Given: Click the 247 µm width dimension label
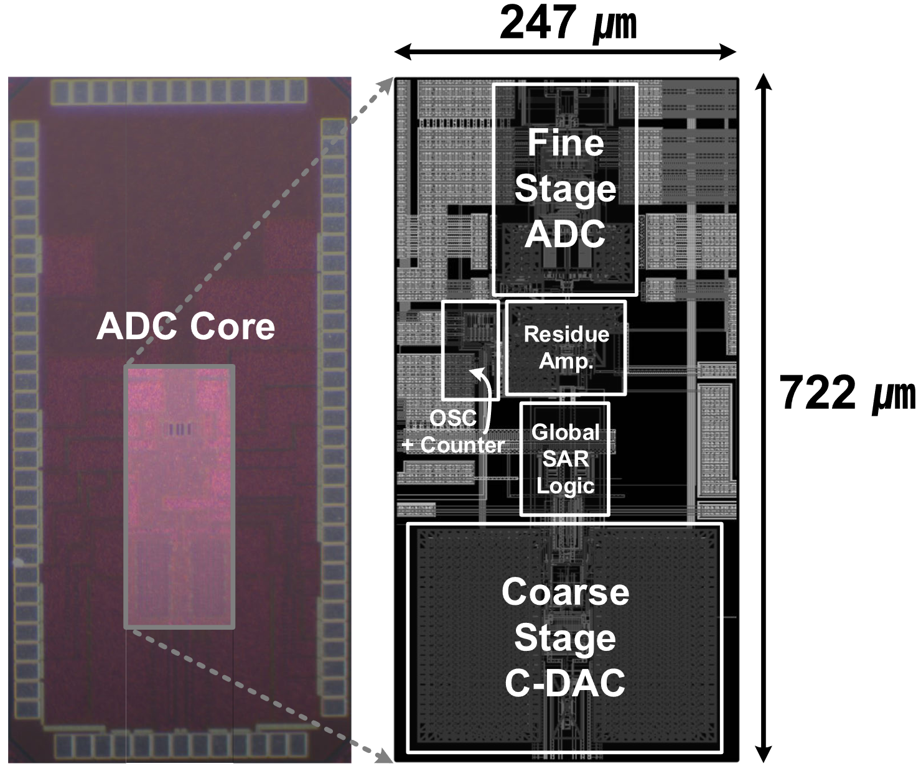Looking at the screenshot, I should (x=568, y=24).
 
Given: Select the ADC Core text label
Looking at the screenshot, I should (x=185, y=326).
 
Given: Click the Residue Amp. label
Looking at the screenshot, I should (x=566, y=347).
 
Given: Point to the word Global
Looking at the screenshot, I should (x=565, y=432).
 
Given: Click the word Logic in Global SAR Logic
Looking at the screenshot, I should (x=565, y=486).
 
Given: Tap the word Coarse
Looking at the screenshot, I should (x=565, y=592).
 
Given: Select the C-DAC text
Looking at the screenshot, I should (x=565, y=683).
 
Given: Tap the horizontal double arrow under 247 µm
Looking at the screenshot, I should (x=565, y=53).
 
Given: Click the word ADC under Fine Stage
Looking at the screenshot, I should (x=565, y=235).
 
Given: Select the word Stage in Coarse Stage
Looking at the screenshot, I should (x=565, y=638).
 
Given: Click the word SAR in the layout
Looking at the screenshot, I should (x=565, y=459).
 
